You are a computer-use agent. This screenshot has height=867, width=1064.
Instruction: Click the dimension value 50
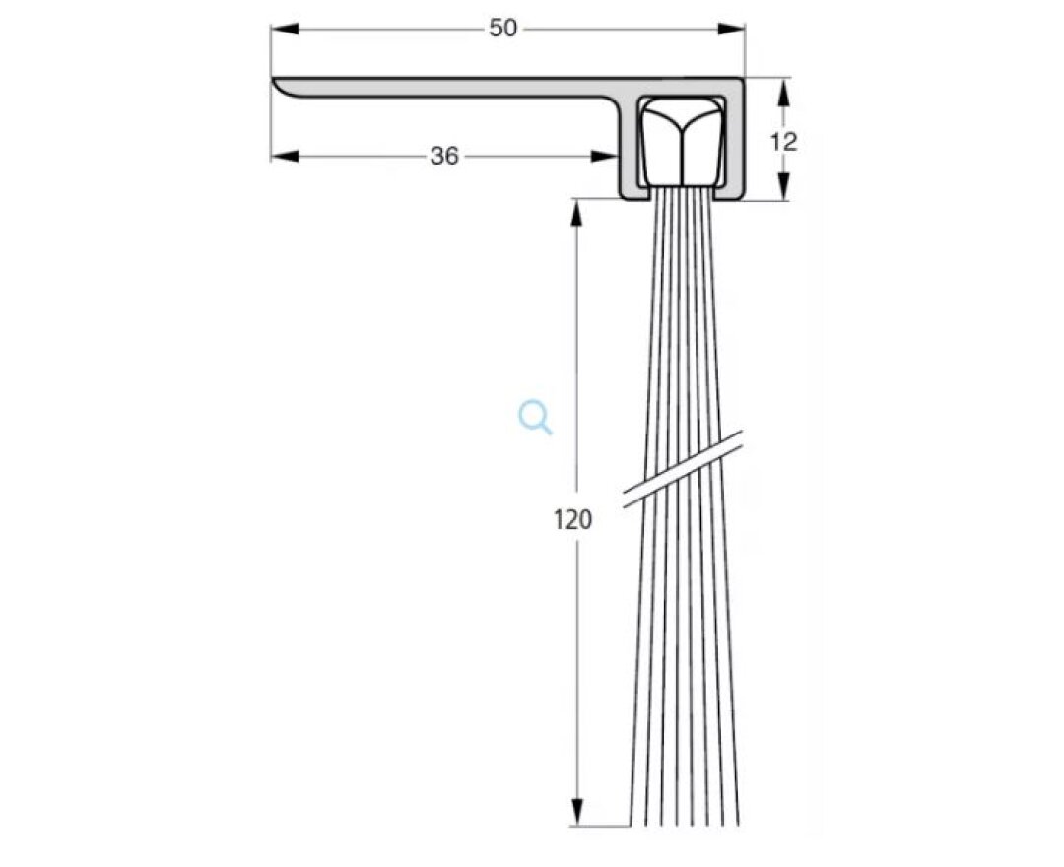502,29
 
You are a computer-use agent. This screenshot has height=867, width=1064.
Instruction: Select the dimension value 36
444,156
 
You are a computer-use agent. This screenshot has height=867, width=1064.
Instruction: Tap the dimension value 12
783,141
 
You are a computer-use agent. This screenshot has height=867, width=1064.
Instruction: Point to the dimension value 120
572,519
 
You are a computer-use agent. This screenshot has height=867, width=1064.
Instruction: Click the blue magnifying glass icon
535,418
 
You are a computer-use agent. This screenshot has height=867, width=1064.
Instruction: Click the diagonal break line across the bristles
683,473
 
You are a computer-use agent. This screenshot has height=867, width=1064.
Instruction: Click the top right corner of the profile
744,79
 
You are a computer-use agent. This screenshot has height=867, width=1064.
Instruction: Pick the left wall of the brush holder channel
628,148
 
